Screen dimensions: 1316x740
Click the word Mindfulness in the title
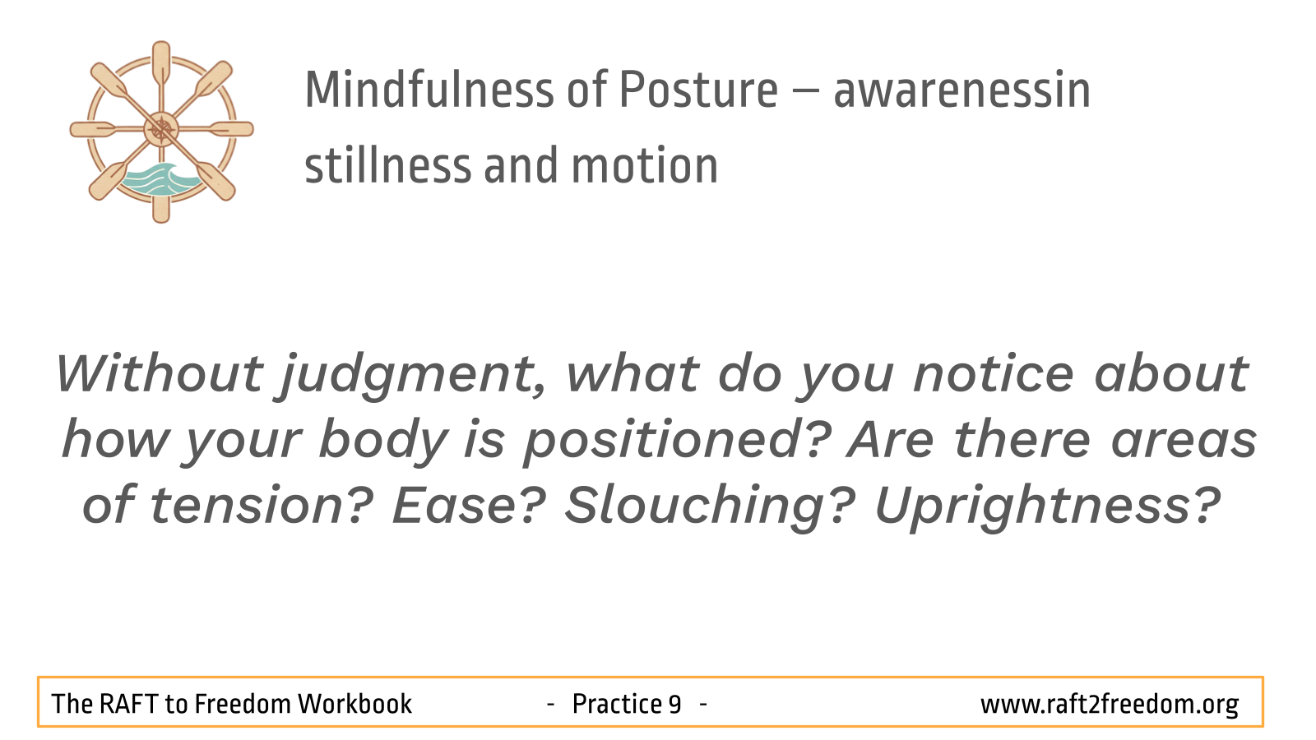coord(429,90)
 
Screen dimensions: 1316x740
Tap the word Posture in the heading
coord(698,90)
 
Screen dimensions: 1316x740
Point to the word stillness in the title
coord(388,165)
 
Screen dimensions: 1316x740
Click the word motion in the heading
coord(645,165)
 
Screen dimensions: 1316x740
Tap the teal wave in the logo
coord(160,179)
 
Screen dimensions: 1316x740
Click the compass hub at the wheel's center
coord(161,129)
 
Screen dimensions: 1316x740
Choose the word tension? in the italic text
coord(262,505)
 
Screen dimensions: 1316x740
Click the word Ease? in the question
coord(469,505)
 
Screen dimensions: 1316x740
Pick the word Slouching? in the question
coord(710,507)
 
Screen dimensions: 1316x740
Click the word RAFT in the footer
coord(128,704)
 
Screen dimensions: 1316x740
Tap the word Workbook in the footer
coord(354,704)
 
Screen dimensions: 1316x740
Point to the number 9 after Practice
coord(674,704)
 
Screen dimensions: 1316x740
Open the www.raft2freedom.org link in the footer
coord(1110,705)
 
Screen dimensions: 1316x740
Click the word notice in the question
coord(994,374)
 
